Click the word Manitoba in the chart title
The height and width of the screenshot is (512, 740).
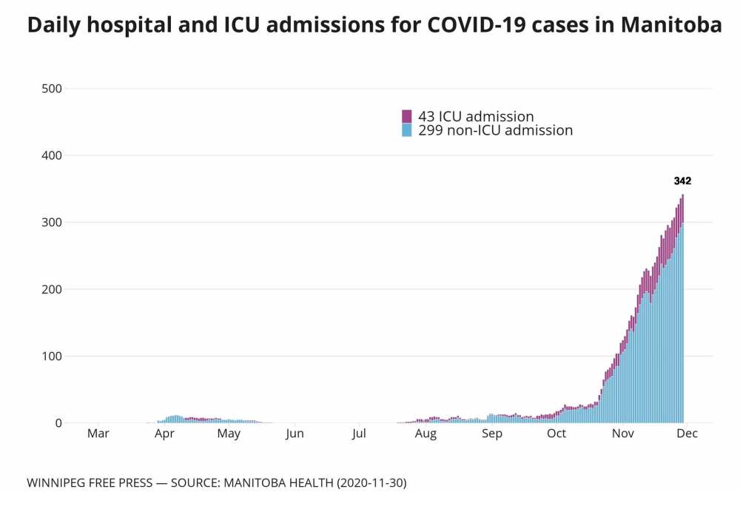coord(671,26)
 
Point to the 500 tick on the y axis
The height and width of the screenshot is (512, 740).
coord(52,89)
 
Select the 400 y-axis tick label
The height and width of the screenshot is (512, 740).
coord(52,155)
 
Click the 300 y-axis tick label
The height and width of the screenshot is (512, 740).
coord(52,223)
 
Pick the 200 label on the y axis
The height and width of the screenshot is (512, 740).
coord(52,289)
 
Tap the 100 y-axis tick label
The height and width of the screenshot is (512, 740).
coord(52,356)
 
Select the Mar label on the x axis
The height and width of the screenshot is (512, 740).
coord(98,434)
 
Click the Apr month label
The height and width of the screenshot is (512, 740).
coord(164,434)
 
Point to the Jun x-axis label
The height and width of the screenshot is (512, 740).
coord(295,434)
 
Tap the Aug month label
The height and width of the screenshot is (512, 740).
coord(425,434)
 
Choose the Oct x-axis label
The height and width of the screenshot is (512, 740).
coord(556,434)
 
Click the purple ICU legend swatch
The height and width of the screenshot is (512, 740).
coord(406,116)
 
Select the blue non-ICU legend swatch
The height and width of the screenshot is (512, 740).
coord(406,130)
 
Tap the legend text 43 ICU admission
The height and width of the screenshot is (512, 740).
coord(476,116)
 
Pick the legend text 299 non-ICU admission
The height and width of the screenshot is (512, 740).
coord(495,130)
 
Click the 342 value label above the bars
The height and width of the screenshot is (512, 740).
coord(682,181)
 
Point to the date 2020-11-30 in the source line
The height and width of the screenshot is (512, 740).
coord(368,483)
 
